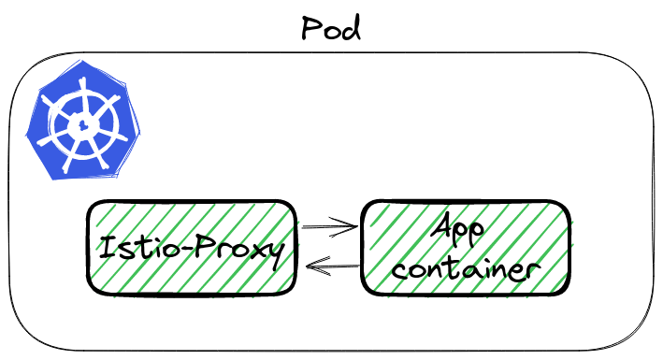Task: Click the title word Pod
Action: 330,27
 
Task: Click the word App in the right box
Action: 464,231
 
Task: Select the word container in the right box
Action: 465,270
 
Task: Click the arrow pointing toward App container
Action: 328,225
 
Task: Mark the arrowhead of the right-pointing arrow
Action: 353,225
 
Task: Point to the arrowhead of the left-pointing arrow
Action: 310,269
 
